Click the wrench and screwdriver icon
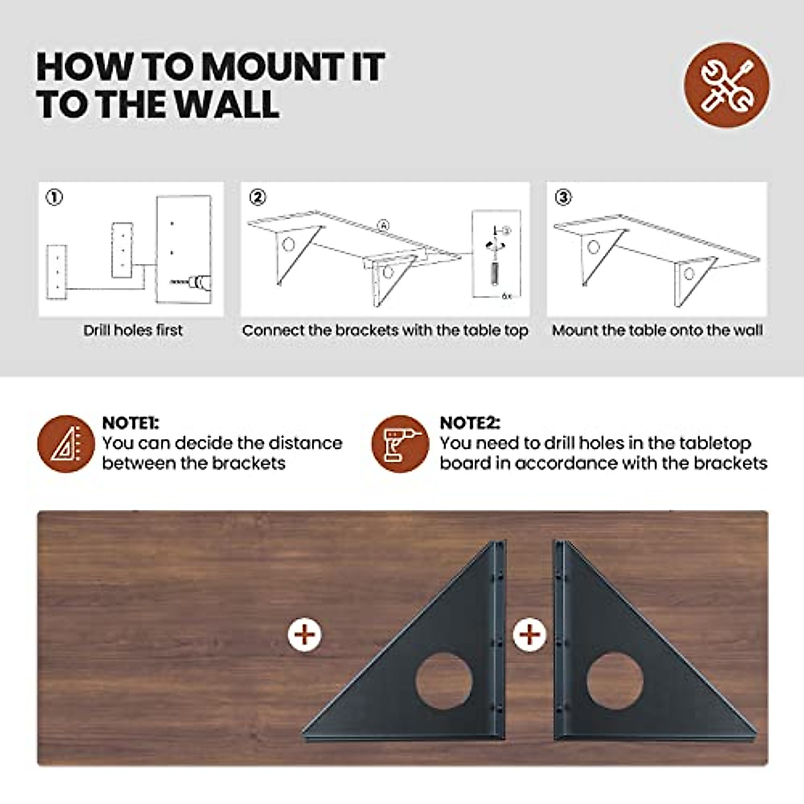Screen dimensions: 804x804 (727, 85)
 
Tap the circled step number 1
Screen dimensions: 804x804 (54, 197)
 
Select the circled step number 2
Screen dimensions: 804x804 (257, 197)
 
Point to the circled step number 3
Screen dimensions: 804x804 (563, 197)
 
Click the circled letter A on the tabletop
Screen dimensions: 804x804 (383, 226)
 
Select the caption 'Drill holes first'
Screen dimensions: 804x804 (133, 330)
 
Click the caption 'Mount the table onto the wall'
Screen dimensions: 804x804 (657, 330)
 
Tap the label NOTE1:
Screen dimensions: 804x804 (130, 423)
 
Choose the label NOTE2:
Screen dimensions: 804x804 (470, 423)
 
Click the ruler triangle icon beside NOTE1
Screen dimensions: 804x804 (66, 444)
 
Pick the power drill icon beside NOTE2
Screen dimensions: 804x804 (400, 444)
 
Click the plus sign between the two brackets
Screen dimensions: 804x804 (529, 634)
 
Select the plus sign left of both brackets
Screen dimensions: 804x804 (304, 634)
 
